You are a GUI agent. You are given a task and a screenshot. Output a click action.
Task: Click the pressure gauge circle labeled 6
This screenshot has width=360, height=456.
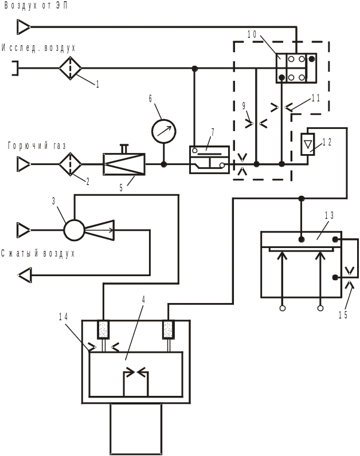coord(163,131)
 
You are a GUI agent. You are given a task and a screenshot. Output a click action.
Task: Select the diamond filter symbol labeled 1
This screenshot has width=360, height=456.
coord(71,68)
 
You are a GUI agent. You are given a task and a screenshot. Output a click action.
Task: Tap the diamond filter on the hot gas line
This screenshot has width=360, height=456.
coord(71,164)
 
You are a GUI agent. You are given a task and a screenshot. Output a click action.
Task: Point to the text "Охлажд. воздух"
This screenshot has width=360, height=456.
coord(38,48)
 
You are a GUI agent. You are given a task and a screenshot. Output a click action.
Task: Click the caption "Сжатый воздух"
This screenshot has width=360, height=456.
coord(38,253)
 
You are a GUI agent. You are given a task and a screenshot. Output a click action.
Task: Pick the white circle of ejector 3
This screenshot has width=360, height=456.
coord(74,230)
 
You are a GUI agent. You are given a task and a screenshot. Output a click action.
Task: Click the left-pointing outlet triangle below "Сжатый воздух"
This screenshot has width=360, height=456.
coord(25,276)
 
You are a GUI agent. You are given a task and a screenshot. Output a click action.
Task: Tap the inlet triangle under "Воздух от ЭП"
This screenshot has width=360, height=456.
coord(24,27)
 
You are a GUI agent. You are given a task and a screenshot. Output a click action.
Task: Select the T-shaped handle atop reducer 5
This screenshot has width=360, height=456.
coord(124,148)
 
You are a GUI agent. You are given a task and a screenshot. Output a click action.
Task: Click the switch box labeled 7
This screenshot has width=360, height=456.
coord(209,159)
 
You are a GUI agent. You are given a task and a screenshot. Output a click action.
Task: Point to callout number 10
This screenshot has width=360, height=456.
coord(252,34)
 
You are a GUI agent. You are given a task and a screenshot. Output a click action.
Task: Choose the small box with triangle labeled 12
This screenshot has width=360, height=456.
coord(308,143)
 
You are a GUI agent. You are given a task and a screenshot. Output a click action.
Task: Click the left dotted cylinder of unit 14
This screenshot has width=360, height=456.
coord(103,329)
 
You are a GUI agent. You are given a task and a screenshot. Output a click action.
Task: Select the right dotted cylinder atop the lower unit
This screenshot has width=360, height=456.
coord(168,329)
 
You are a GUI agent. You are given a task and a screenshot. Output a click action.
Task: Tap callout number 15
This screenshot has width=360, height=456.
coord(343,315)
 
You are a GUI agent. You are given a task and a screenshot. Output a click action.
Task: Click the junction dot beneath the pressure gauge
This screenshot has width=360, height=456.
coord(163,164)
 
